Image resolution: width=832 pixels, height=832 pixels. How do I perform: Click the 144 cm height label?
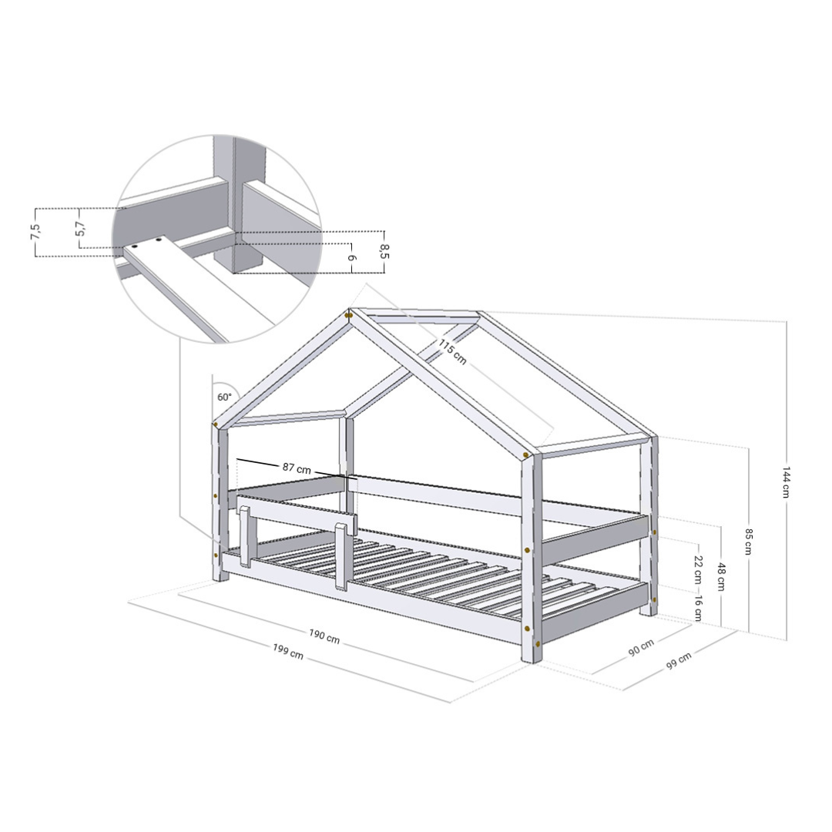click(x=787, y=482)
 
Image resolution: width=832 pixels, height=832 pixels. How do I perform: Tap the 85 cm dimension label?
click(x=748, y=542)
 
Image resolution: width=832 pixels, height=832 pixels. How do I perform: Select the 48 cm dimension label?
click(x=722, y=577)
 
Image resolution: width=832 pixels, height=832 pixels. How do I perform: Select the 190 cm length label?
click(x=324, y=636)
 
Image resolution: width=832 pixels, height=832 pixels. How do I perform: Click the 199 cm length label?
click(x=288, y=652)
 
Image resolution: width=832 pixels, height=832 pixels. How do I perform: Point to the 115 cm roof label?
click(x=452, y=351)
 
